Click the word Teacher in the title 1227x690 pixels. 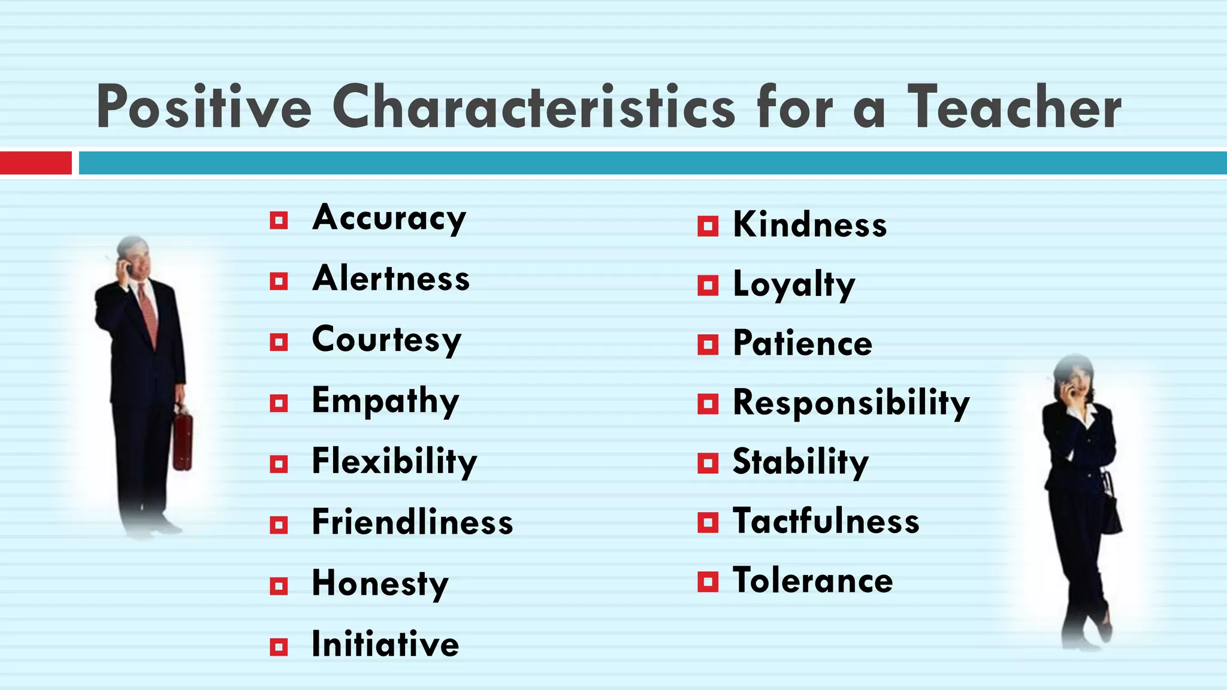[1014, 108]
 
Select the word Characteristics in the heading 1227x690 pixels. [533, 108]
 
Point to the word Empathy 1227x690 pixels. [385, 401]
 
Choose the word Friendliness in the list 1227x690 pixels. [412, 522]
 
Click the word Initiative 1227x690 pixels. [385, 644]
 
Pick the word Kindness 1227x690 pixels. [809, 225]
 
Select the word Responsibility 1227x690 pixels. [851, 402]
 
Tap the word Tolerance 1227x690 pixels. [812, 581]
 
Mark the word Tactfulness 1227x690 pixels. [826, 521]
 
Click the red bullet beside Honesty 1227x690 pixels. [279, 586]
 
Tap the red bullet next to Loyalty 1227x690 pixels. [708, 286]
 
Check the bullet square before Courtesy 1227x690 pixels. [279, 342]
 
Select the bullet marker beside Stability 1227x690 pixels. [708, 463]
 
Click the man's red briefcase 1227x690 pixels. [183, 440]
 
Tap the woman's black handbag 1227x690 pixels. [1111, 509]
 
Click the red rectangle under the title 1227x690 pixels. [35, 163]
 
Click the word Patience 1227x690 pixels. [802, 344]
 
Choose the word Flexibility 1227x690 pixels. [394, 462]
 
